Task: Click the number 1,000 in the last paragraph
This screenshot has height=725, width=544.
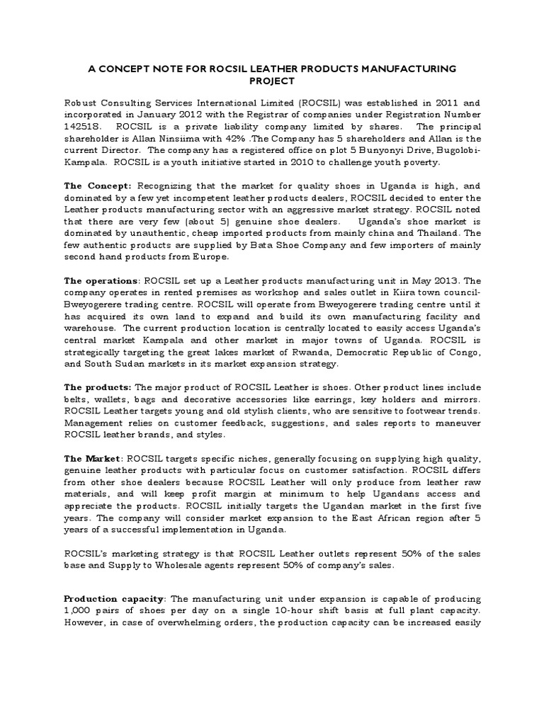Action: pos(77,611)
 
